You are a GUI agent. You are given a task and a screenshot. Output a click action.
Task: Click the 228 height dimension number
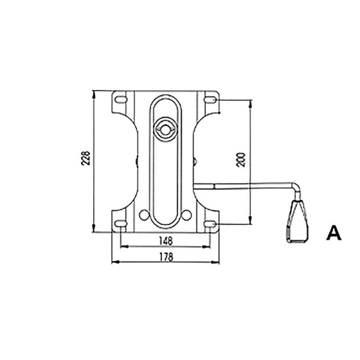click(x=86, y=158)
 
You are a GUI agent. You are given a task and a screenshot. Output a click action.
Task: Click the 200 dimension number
click(x=241, y=160)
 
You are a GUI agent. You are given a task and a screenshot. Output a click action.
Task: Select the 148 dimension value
click(x=166, y=241)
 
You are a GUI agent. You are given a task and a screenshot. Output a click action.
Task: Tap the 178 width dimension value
click(x=166, y=257)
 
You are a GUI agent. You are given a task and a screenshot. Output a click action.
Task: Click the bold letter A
click(x=334, y=233)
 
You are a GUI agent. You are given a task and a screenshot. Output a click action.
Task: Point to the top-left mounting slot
click(x=121, y=100)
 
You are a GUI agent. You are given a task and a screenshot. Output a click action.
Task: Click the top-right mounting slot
click(x=210, y=100)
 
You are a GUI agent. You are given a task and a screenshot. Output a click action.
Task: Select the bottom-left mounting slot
click(x=121, y=223)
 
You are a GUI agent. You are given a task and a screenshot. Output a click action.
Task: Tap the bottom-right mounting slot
click(x=210, y=223)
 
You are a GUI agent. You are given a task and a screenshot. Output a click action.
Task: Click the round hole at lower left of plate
click(x=144, y=215)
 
